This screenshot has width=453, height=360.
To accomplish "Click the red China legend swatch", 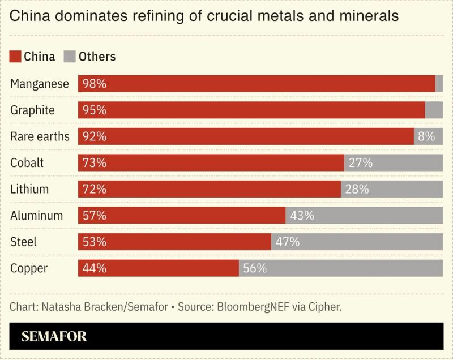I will (x=15, y=57).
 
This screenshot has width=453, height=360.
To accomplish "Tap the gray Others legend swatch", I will (x=70, y=57).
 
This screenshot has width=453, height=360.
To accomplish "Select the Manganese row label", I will (x=40, y=84).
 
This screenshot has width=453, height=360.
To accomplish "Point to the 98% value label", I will (x=94, y=84).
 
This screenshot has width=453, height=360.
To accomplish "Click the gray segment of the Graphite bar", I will (x=434, y=110).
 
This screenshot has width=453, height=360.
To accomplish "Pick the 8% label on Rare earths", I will (x=426, y=136).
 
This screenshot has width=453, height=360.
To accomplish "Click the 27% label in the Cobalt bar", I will (x=360, y=163).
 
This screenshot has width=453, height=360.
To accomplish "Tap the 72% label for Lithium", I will (x=94, y=189).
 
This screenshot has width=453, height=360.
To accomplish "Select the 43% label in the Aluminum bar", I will (x=302, y=216).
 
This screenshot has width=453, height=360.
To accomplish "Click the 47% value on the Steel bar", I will (x=287, y=242).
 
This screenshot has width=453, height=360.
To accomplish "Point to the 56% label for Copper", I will (x=255, y=268).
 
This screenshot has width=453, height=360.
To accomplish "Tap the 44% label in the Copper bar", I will (x=94, y=268).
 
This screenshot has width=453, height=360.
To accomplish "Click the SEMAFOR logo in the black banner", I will (x=54, y=336).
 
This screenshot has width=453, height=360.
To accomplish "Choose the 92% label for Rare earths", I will (x=94, y=136).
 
